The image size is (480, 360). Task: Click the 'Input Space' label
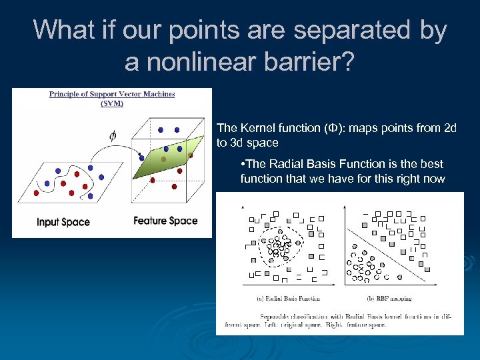click(63, 222)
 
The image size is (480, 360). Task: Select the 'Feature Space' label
click(165, 221)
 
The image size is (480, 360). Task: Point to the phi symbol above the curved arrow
click(114, 135)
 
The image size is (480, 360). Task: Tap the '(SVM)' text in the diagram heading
click(111, 103)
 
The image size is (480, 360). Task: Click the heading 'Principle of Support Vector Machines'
click(112, 94)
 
